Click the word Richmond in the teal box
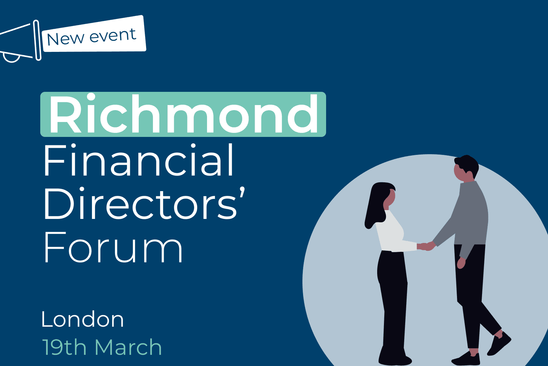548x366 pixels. (183, 114)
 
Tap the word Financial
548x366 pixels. (139, 160)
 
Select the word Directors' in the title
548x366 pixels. (144, 203)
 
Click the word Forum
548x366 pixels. (113, 247)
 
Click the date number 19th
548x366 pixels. (64, 347)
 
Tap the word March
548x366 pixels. (129, 347)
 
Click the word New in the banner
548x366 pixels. (65, 39)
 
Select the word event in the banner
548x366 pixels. (113, 35)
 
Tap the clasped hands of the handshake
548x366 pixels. (427, 246)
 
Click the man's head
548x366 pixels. (466, 168)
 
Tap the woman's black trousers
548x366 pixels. (393, 306)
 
